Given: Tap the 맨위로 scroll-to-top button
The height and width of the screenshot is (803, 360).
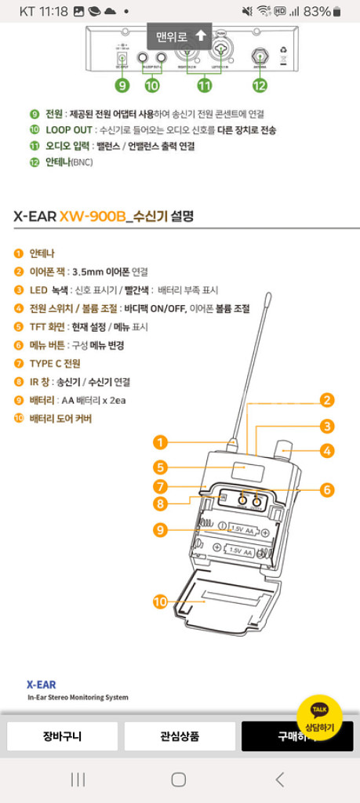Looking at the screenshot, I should coord(180,36).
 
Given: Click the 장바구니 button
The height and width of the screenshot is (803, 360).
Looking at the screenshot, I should coord(62,737).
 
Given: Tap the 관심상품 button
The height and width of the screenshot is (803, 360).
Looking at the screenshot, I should coord(180,737).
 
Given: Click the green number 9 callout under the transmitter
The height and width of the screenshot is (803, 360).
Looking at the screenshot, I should coord(122,85).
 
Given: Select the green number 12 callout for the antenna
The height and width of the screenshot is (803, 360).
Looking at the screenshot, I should coord(260,85).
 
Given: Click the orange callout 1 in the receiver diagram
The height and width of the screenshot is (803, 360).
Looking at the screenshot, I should coord(160,442).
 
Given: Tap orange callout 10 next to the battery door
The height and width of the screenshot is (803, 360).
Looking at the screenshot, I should coord(160,601).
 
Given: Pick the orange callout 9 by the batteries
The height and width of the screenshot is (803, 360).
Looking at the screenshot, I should coord(160,530).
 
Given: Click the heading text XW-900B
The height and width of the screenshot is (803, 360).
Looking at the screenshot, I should coord(92,215).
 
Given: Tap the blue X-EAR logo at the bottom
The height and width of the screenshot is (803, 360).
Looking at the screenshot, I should coord(41,685).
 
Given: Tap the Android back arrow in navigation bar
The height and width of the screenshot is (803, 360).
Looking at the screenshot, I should coord(280,779).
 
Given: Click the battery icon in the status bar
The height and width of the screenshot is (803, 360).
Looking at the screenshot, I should coord(337,12).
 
